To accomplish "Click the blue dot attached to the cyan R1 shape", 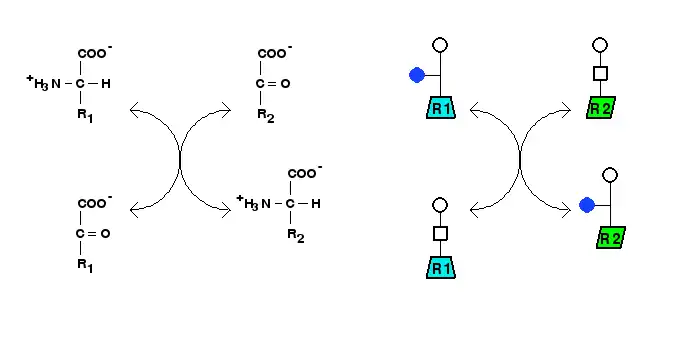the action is (x=417, y=75).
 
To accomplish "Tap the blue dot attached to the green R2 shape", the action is (x=587, y=205).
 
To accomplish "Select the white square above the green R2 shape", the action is (x=600, y=73).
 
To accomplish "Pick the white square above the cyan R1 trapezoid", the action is (x=441, y=233).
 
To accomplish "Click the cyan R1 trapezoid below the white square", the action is (x=441, y=268).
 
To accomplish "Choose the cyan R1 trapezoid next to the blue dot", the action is (x=441, y=108).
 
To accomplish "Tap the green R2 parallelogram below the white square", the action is (x=601, y=108).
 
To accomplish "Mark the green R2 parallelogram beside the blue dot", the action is (x=611, y=238).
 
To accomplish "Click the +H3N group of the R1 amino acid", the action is (x=43, y=83).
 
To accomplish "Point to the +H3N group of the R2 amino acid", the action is (x=253, y=203).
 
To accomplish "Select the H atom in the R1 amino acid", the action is (x=105, y=84).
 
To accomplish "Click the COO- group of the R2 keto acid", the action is (x=275, y=52).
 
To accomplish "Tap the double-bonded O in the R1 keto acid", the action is (x=105, y=234).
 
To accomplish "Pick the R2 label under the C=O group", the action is (x=266, y=116).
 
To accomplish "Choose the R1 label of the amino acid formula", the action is (x=85, y=116).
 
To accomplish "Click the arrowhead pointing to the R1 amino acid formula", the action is (x=135, y=109).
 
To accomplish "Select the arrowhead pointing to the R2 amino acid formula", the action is (x=226, y=209).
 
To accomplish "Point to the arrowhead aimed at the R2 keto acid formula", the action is (x=226, y=109).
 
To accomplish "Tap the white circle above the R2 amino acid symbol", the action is (x=610, y=175).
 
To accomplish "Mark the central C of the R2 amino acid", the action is (x=290, y=204).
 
